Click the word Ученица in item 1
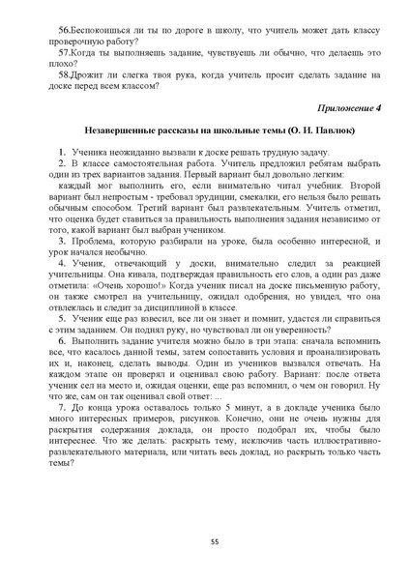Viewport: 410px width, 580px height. pos(94,151)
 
